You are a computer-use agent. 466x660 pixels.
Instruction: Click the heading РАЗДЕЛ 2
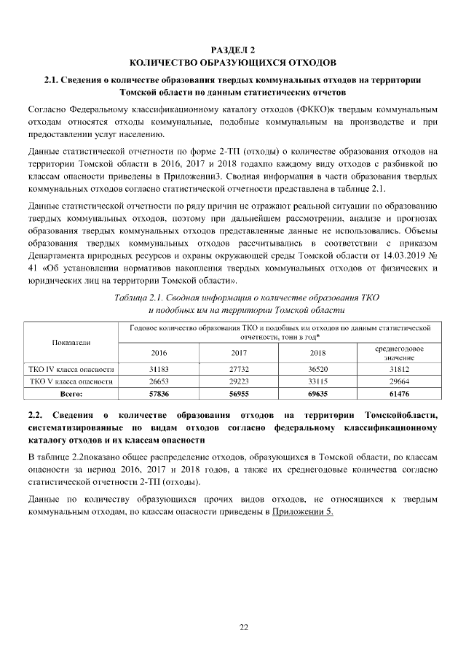pos(232,50)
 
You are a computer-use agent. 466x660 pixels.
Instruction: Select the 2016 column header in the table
pos(159,354)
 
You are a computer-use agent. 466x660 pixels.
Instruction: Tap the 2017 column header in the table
pos(238,354)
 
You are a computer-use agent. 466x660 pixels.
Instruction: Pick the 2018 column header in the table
pos(317,354)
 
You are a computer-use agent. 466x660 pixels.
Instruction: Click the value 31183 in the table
pos(159,370)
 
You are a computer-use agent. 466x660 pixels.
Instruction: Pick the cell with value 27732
pos(238,370)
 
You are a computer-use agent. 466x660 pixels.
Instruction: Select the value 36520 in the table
pos(317,370)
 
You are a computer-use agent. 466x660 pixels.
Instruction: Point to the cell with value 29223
pos(238,381)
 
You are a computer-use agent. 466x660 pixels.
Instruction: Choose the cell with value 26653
pos(159,381)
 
